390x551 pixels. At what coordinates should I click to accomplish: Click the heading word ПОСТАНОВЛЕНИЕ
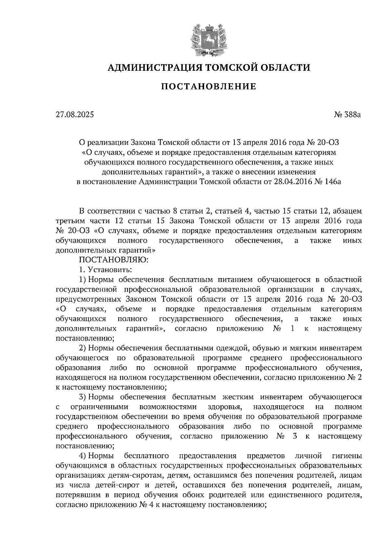208,87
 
